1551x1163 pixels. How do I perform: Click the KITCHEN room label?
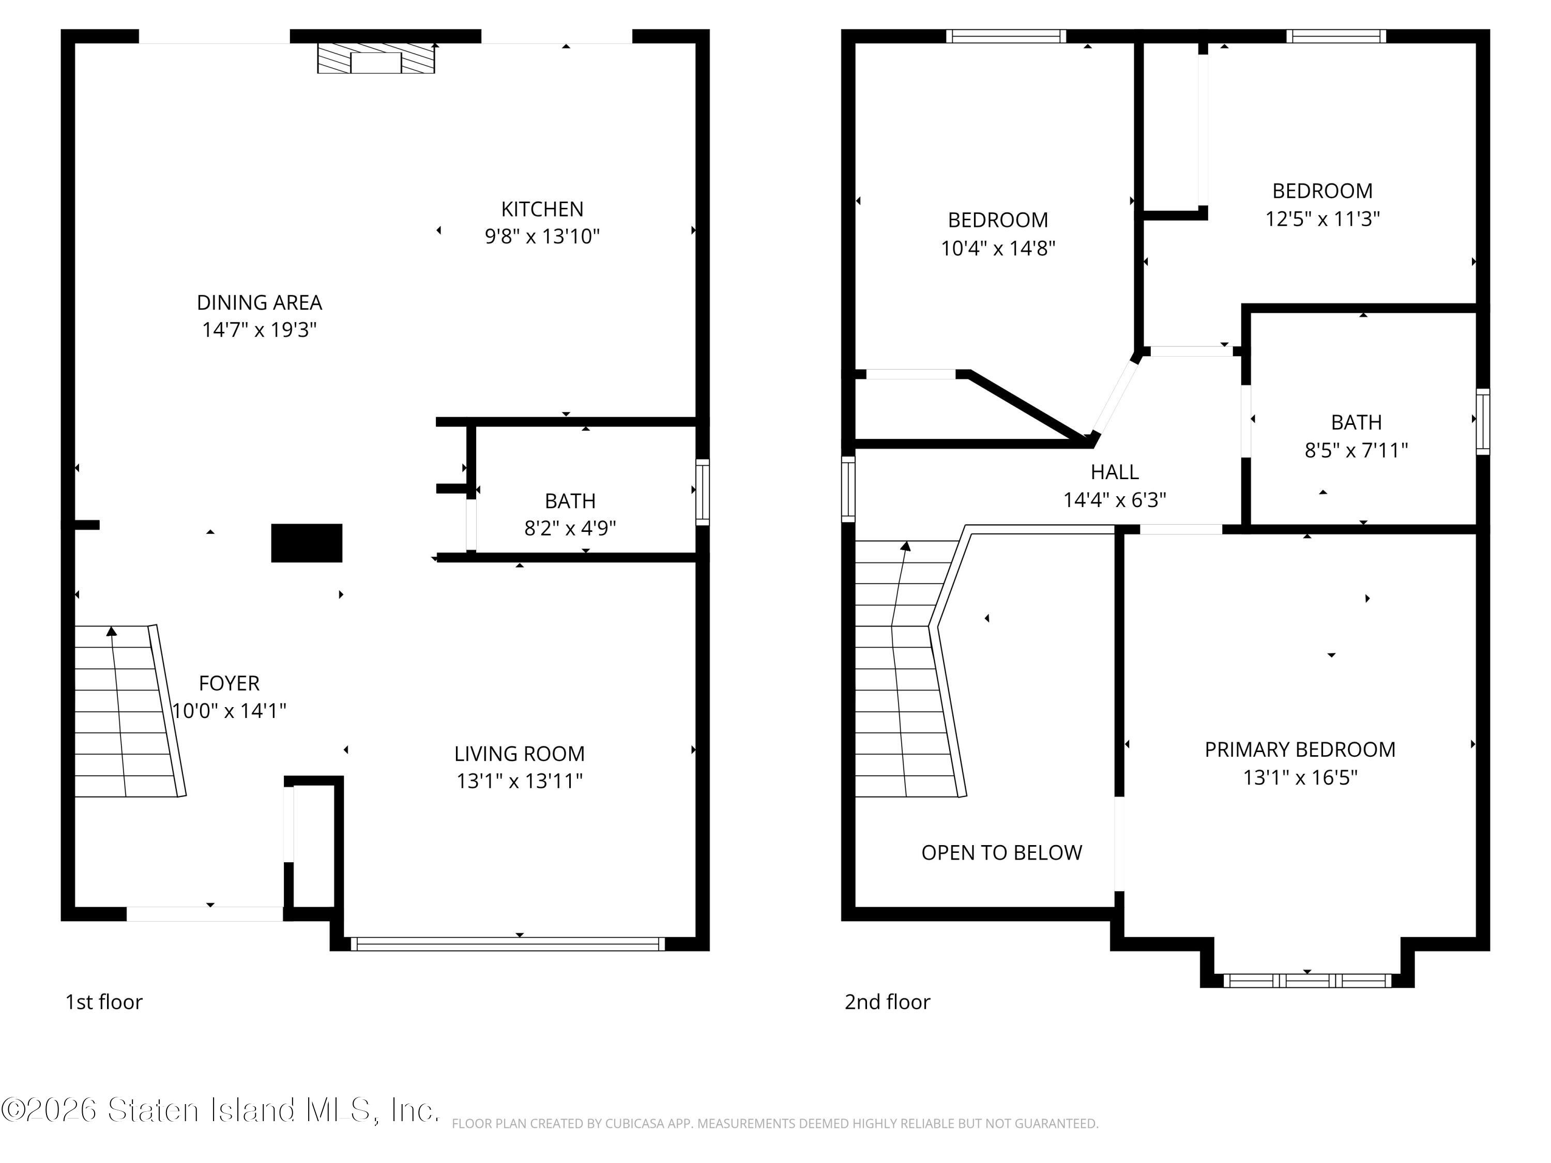click(542, 209)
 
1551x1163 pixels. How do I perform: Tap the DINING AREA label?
click(260, 302)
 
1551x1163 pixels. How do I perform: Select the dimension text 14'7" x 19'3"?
click(260, 329)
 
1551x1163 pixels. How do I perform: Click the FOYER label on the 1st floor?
click(229, 683)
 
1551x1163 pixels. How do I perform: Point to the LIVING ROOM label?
click(520, 754)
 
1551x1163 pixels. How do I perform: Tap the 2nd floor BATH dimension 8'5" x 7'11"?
click(1356, 450)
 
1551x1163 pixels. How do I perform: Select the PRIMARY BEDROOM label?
click(1300, 749)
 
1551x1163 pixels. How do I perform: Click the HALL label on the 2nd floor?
click(1115, 472)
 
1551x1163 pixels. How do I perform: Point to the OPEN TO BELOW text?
click(1002, 852)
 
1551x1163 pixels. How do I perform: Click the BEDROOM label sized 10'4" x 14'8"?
click(998, 220)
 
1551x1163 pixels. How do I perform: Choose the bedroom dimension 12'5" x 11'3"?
click(1322, 219)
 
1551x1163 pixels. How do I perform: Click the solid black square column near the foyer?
click(307, 543)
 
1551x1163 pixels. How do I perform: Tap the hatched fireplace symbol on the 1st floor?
click(376, 58)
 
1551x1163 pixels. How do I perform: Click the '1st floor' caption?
click(104, 1002)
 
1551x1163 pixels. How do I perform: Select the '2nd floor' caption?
click(887, 1002)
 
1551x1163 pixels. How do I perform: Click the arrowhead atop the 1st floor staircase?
click(112, 631)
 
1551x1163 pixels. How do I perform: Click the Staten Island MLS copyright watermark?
click(221, 1110)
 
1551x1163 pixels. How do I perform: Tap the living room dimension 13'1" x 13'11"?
click(520, 781)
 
